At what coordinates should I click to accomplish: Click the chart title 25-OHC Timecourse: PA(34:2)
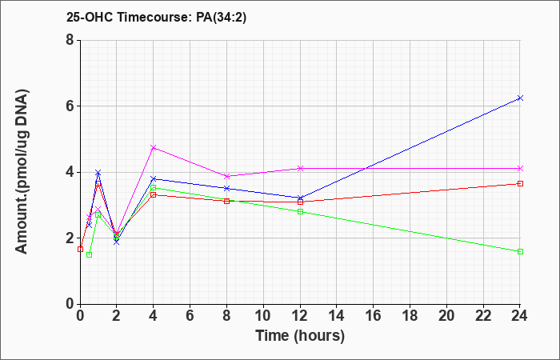[156, 18]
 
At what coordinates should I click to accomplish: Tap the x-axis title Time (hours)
[300, 336]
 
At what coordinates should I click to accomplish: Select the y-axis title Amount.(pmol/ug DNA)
[22, 172]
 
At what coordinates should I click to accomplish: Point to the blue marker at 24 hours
[520, 98]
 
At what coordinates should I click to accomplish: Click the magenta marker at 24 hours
[520, 168]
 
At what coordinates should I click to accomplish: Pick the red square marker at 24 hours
[520, 183]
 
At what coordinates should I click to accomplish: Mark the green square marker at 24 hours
[520, 251]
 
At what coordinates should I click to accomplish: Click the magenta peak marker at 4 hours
[154, 147]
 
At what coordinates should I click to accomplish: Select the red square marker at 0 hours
[80, 249]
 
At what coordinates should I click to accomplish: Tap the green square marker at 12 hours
[300, 211]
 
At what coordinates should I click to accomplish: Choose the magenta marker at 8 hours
[226, 176]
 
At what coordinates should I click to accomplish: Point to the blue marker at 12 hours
[300, 198]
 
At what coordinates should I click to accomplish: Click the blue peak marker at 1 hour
[98, 173]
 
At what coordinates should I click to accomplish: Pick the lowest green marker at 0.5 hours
[90, 254]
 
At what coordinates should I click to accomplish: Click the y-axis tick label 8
[70, 40]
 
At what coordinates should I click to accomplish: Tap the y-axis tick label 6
[70, 106]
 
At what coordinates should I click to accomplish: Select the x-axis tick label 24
[519, 316]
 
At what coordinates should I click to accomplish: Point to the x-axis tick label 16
[374, 316]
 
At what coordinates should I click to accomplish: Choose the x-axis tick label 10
[263, 316]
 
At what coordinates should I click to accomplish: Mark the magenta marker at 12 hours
[300, 168]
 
